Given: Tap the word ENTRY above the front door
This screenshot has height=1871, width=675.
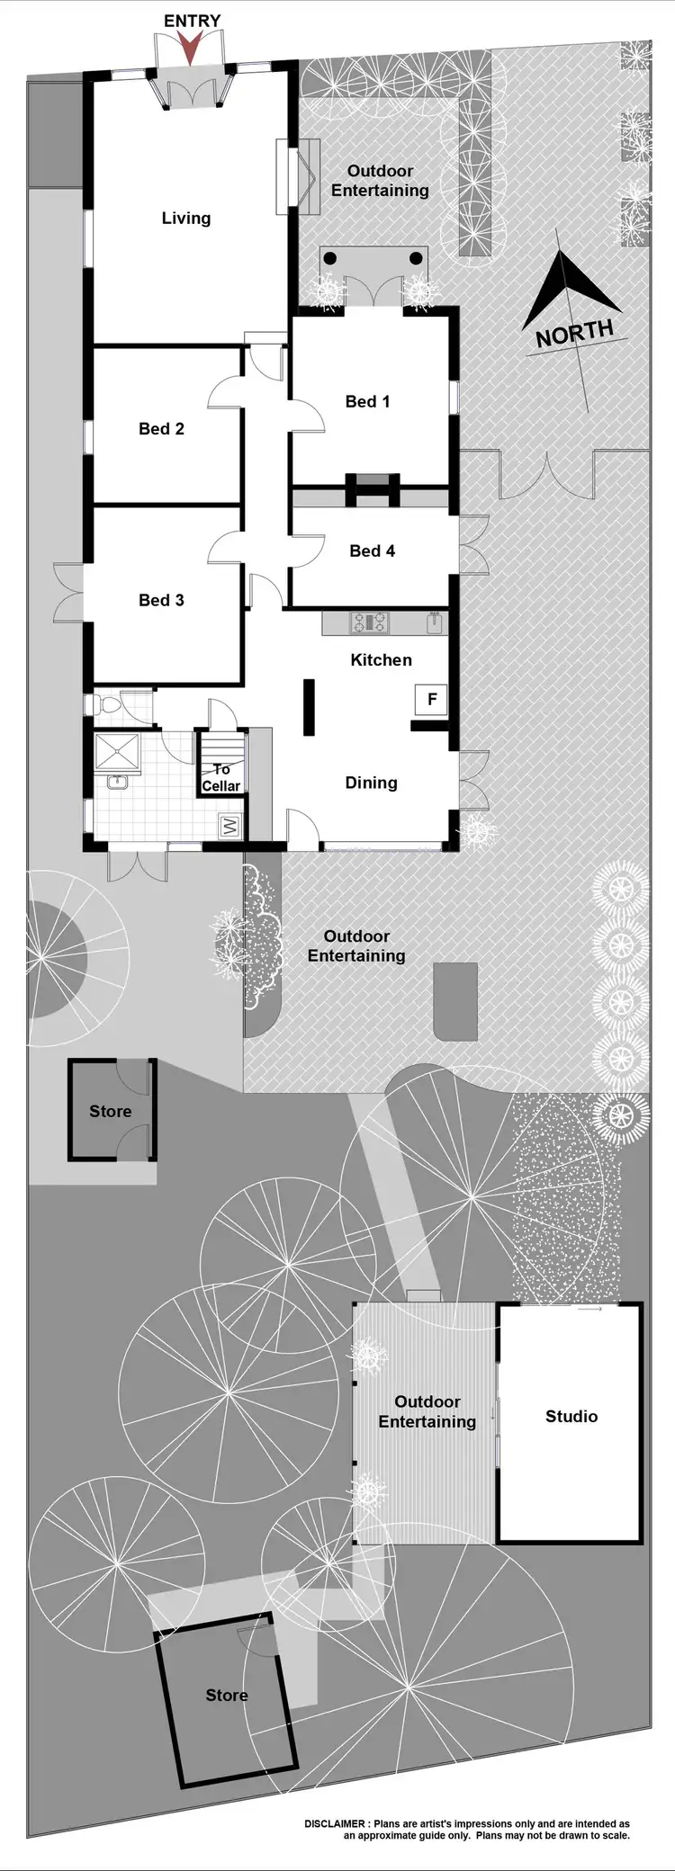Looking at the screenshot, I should coord(192,21).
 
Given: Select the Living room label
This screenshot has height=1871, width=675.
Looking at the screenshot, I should coord(186,218).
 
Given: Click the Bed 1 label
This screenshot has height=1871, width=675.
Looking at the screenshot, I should coord(367,401).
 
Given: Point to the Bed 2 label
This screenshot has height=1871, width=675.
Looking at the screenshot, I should coord(161,428).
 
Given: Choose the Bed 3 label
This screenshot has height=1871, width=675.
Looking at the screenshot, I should coord(161,600).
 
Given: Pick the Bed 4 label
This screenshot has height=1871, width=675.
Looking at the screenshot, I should coord(372,551).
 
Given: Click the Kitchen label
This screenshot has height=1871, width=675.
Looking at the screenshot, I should coord(381,659).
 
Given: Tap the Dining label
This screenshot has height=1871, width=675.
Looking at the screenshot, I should coord(371,783).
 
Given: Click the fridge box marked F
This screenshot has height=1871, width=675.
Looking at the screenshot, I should coord(432,699).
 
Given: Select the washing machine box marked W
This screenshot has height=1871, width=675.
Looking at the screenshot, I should coord(229,826).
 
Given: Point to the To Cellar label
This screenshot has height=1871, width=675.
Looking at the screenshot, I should coord(220,777).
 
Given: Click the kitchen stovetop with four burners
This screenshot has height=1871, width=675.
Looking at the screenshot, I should coord(369,622).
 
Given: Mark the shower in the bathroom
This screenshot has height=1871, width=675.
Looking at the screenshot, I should coord(118,752).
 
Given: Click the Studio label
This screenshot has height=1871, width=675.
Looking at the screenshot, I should coord(571,1416).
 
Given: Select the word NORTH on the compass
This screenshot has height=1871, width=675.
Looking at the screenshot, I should coord(574,333).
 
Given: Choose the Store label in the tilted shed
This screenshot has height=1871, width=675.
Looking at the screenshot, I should coord(226,1695).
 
